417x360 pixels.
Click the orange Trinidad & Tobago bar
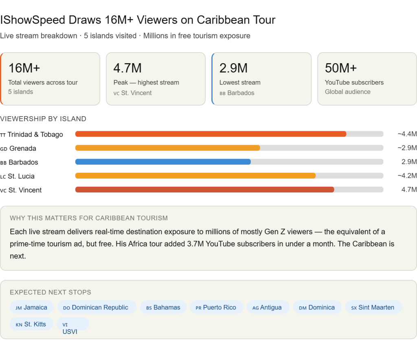tap(211, 134)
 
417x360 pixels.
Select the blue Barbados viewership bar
tap(163, 161)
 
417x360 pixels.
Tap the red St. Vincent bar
tap(205, 190)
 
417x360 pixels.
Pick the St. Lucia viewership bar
tap(195, 176)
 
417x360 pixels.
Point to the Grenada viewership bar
tap(167, 148)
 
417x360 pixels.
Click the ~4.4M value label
tap(407, 134)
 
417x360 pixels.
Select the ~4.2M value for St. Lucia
tap(407, 176)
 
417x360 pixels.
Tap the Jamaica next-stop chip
tap(32, 307)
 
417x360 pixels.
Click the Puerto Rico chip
tap(216, 307)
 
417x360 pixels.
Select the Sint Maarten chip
tap(373, 307)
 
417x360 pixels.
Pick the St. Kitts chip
tap(31, 324)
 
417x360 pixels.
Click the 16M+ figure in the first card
tap(24, 68)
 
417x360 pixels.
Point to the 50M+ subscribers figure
tap(341, 68)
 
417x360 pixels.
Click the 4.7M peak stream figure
tap(127, 68)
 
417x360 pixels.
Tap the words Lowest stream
tap(240, 82)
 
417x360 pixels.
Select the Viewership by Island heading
tap(43, 119)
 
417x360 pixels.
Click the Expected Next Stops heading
tap(50, 292)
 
